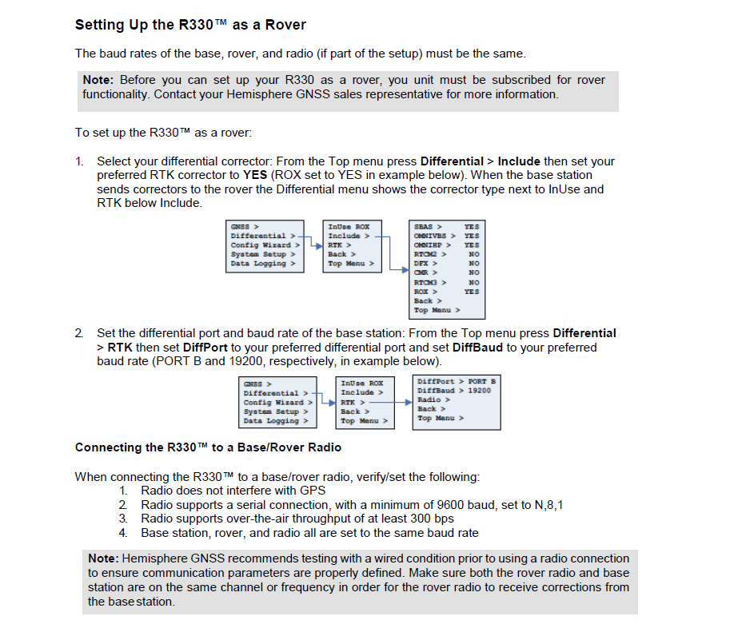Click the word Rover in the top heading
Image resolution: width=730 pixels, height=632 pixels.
286,25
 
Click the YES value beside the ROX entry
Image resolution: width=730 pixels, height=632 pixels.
472,292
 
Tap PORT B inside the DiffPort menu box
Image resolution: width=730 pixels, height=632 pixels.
481,381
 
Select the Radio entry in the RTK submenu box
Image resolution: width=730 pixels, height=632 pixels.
429,399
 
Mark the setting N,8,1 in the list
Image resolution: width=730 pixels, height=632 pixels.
549,505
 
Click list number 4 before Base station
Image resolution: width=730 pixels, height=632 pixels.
123,532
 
